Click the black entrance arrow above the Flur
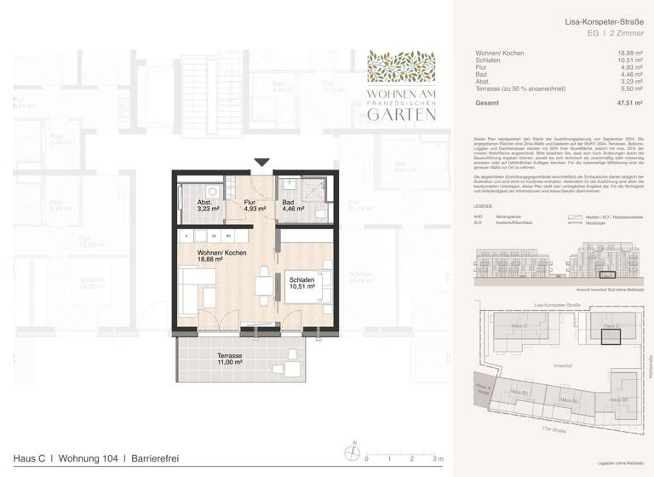click(260, 163)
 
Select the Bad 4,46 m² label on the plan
click(293, 205)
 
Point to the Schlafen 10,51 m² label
click(302, 283)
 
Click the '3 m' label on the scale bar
click(438, 459)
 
